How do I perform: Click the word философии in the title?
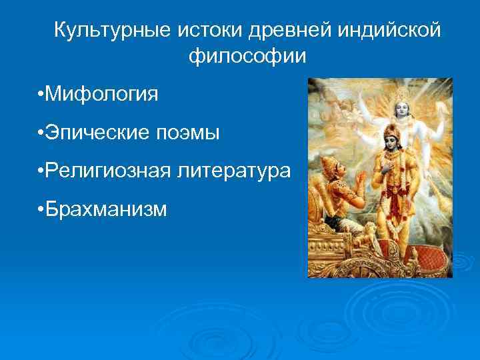tap(247, 57)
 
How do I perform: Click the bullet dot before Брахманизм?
tap(41, 209)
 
